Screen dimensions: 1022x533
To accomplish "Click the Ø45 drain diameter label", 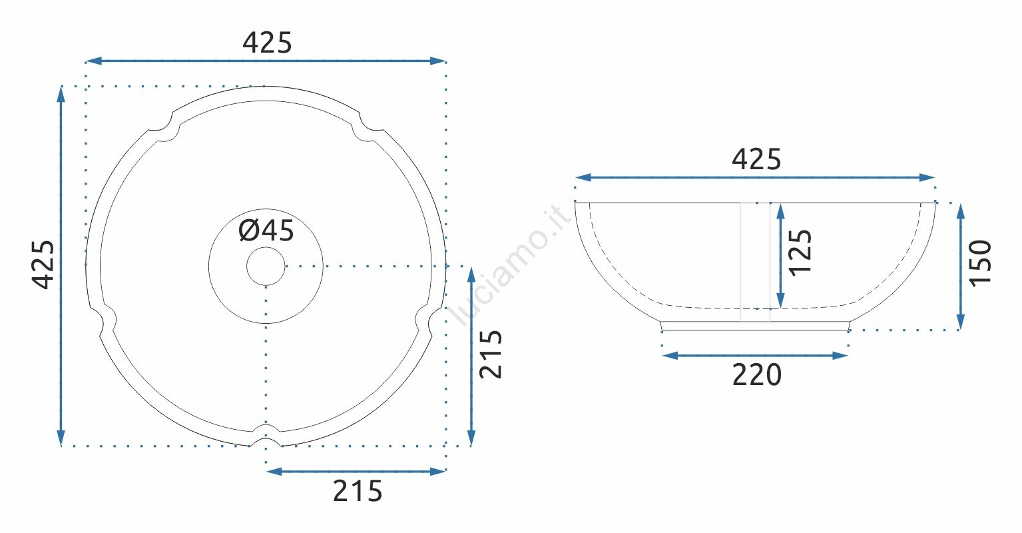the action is point(266,231).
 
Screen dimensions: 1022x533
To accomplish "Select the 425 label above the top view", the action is point(267,43).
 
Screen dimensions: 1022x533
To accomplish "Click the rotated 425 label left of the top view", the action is point(43,265).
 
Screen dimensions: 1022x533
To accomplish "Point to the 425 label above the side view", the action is point(756,159).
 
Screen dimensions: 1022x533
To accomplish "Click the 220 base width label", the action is point(757,375).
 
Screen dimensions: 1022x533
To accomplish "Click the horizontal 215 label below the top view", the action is point(358,492).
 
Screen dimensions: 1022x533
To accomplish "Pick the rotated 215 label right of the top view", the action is point(491,354).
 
